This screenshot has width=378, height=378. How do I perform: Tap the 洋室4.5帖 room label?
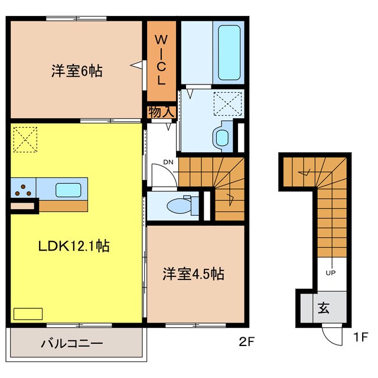193,275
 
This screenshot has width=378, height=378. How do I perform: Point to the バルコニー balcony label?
73,343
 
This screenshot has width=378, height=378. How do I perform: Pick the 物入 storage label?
161,112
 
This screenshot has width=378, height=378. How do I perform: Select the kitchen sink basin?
69,190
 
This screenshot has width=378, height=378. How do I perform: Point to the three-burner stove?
24,190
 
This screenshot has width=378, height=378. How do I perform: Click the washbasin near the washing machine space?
222,137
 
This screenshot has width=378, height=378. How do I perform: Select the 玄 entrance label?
325,308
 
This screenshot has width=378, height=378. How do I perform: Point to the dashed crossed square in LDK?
24,139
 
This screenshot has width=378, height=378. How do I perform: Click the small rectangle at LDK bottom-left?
28,313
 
